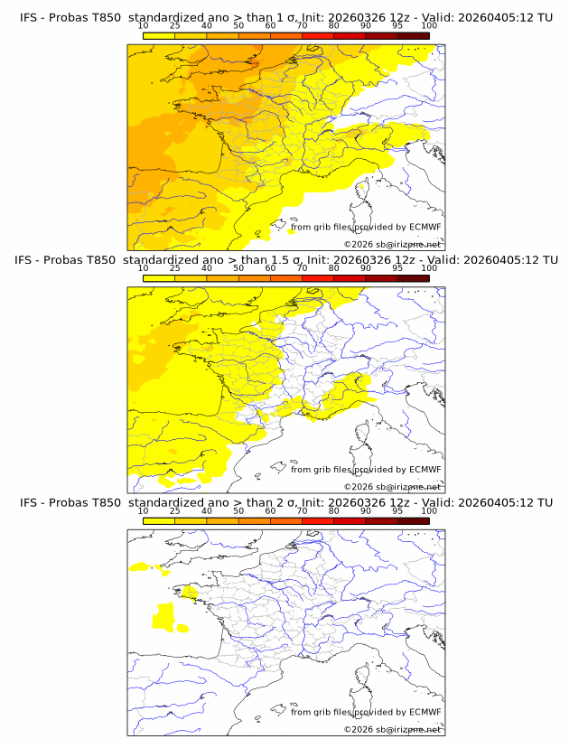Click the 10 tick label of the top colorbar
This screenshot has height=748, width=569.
coord(144,25)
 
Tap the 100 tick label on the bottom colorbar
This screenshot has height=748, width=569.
coord(429,510)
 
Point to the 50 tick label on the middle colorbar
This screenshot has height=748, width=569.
coord(238,268)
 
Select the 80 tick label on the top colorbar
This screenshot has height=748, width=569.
coord(334,25)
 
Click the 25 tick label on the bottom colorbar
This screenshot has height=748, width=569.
coord(175,510)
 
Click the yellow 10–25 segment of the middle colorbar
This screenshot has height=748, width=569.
coord(159,278)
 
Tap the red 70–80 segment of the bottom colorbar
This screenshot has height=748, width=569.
coord(318,520)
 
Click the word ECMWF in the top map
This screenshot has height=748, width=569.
coord(424,228)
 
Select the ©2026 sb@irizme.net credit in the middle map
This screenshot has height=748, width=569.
coord(392,486)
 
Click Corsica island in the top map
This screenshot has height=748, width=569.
coord(363,191)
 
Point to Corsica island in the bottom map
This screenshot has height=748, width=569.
coord(363,675)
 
